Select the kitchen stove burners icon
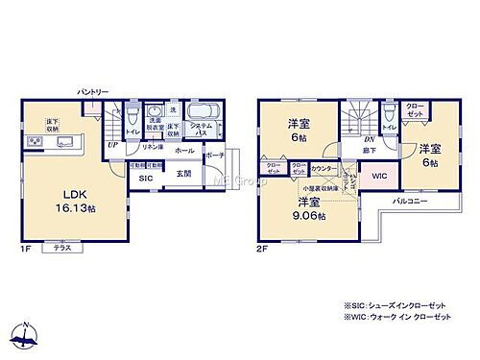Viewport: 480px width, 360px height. click(36, 144)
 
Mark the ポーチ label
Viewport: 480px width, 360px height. click(214, 155)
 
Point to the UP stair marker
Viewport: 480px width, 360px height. click(113, 144)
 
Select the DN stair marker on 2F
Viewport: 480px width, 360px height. click(370, 138)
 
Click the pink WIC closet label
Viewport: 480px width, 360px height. click(379, 177)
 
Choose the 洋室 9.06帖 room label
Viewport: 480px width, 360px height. click(308, 209)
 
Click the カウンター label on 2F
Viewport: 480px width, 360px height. click(324, 168)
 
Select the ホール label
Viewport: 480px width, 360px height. click(184, 151)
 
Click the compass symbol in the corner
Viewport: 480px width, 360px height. click(27, 335)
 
